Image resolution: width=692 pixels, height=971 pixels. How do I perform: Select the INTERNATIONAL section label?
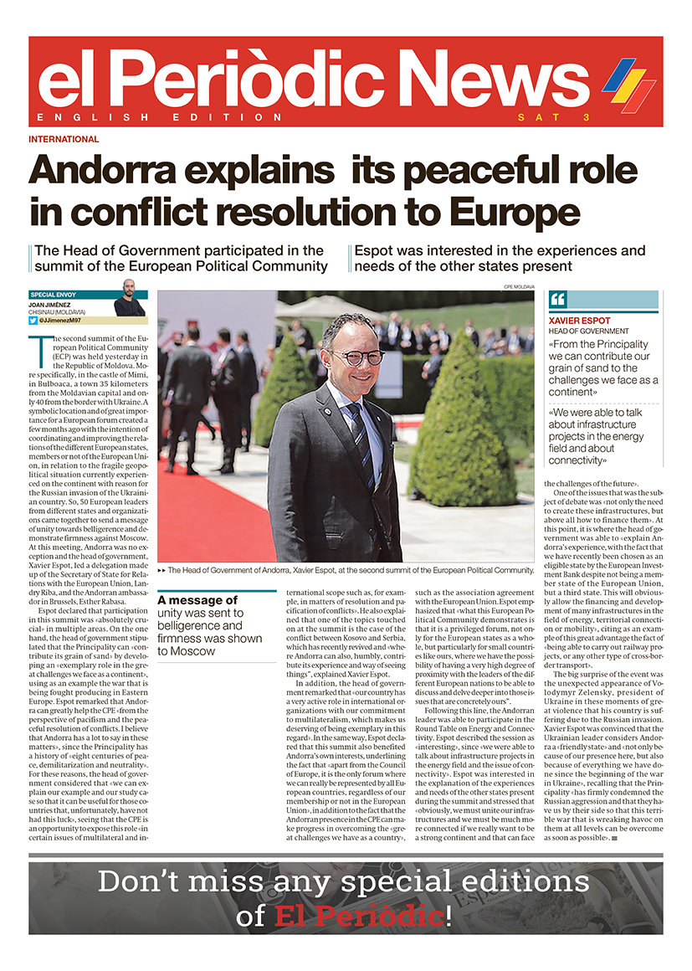coord(64,139)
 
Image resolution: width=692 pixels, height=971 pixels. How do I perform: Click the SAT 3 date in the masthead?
coord(554,117)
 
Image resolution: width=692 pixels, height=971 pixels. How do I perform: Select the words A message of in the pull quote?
coord(198,600)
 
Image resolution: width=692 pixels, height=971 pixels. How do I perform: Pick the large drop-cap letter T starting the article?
coord(36,346)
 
